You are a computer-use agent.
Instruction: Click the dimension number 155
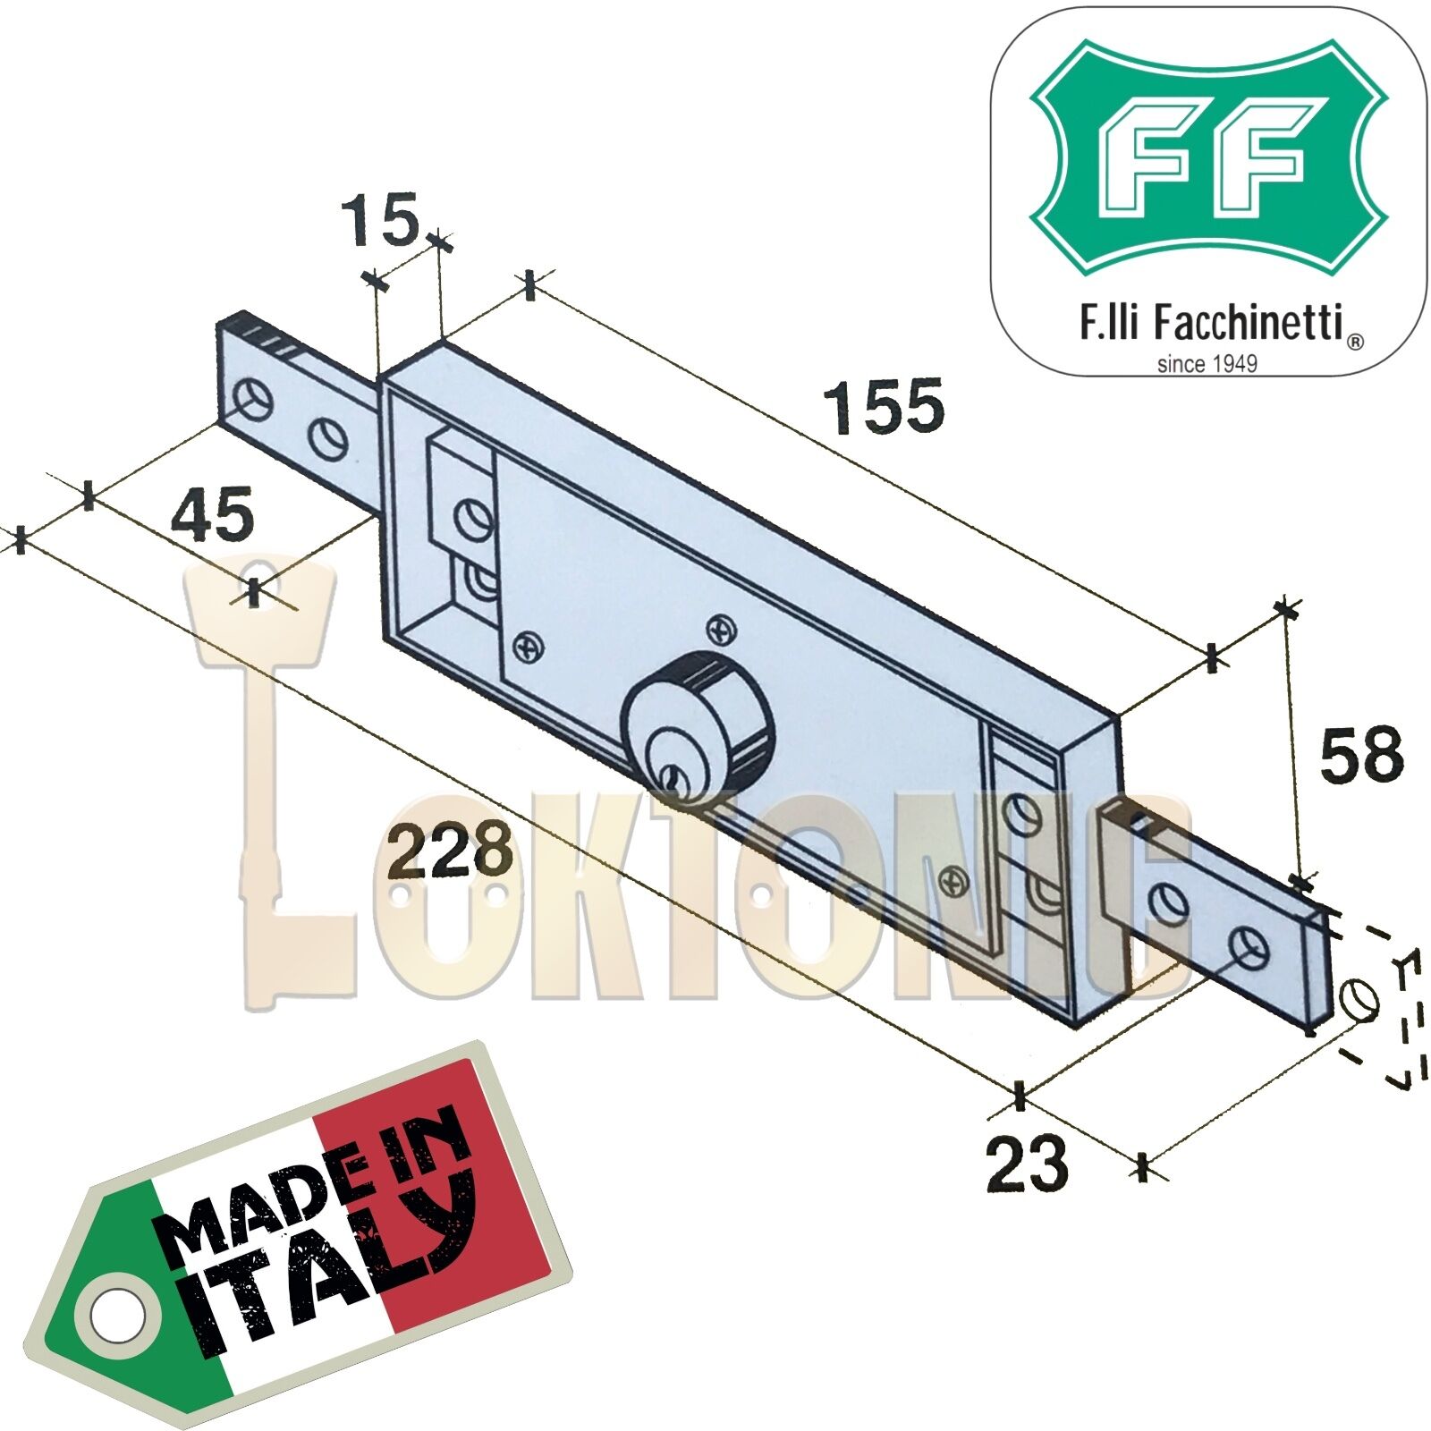click(883, 406)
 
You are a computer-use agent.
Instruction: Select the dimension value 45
click(213, 514)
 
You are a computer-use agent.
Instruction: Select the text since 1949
click(1207, 364)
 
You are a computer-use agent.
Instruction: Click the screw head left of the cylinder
click(529, 646)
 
